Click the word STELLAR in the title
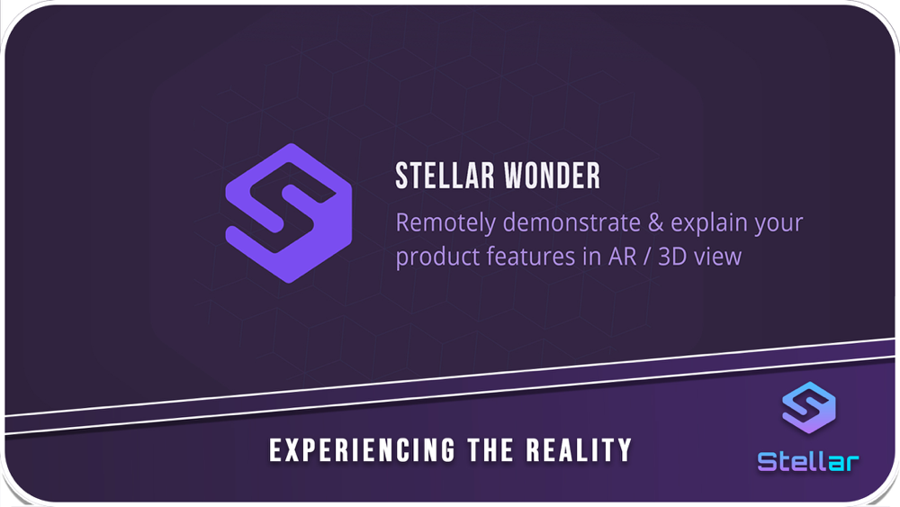445,176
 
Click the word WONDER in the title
553,176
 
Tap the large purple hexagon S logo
289,213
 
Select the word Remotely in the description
445,223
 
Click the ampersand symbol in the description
655,222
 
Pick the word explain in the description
708,223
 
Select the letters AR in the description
623,257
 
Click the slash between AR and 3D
647,257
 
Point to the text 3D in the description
672,257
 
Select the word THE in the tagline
490,450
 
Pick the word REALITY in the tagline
579,450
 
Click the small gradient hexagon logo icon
809,408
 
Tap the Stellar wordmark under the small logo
808,462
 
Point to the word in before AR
592,256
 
